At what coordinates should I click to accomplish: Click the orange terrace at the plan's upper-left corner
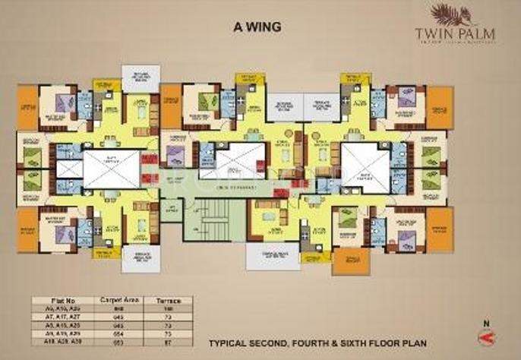click(x=27, y=107)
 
